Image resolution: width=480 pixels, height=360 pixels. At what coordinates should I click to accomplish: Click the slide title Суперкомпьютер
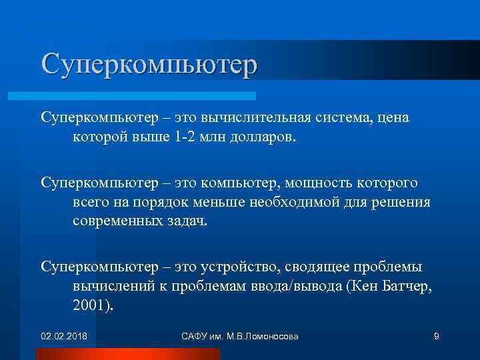pos(148,65)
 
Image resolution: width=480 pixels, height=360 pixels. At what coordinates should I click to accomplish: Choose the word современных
pos(117,221)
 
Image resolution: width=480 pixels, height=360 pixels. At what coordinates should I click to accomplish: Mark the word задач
pos(185,221)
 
